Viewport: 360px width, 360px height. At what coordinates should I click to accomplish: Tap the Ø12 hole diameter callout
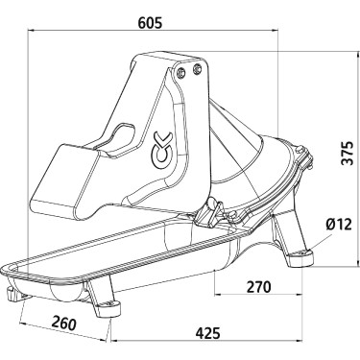coord(338,224)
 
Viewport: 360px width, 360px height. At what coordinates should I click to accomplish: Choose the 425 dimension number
coord(206,333)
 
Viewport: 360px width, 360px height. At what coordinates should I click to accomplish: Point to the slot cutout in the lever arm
coord(126,134)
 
